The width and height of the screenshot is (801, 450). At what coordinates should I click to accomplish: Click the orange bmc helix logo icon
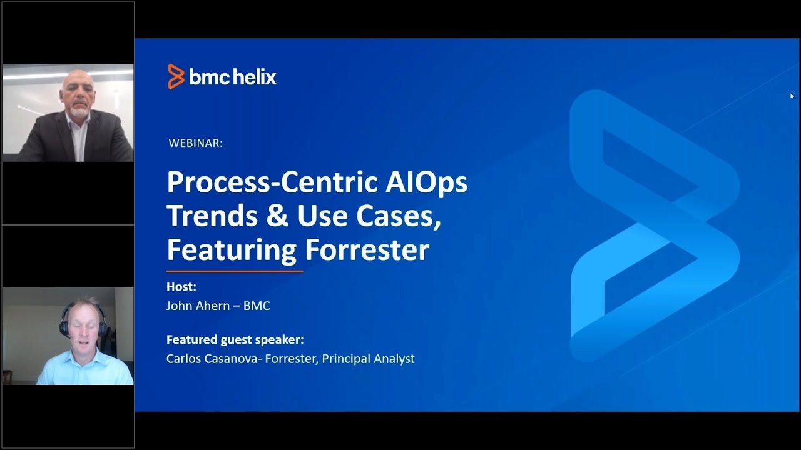[176, 76]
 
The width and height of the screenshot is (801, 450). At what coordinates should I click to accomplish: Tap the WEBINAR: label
[195, 143]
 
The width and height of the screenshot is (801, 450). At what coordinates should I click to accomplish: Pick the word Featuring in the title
[231, 249]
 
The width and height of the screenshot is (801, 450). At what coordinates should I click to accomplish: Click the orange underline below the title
[235, 271]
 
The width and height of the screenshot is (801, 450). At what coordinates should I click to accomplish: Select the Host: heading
[181, 287]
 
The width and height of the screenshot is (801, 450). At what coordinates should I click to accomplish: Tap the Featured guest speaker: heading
[235, 339]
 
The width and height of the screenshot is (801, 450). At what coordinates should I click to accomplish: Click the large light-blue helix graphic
[654, 225]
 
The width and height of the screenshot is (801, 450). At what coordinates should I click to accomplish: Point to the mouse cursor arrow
[792, 96]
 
